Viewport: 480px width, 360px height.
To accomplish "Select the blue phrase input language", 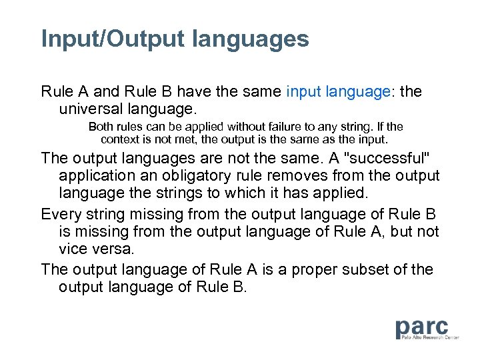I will coord(338,91).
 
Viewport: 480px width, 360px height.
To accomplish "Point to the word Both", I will coord(101,127).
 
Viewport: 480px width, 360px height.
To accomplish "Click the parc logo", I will coord(421,327).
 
